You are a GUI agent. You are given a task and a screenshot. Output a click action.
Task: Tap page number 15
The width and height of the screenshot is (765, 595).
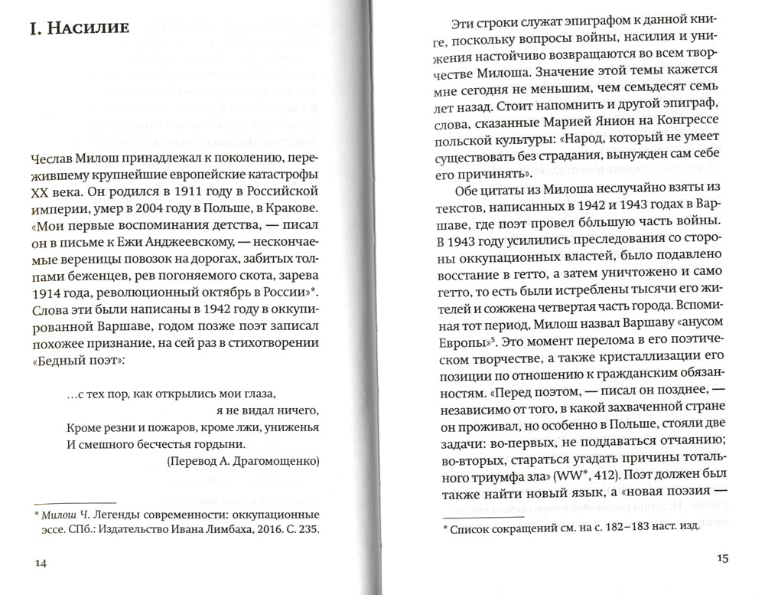tap(724, 557)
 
